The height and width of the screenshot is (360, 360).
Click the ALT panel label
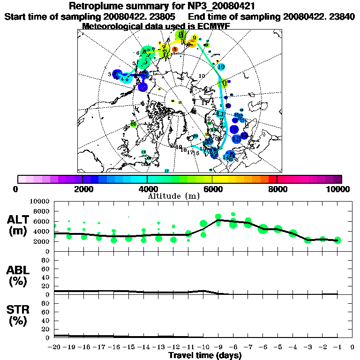coord(19,220)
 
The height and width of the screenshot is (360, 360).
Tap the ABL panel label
coord(19,270)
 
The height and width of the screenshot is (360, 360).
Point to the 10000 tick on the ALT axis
coord(40,201)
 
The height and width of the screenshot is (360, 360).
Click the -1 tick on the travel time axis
coord(337,347)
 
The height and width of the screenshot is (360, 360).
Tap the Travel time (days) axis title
coord(205,355)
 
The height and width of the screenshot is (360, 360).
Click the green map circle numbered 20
coord(134,124)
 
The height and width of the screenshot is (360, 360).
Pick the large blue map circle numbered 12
coord(234,129)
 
